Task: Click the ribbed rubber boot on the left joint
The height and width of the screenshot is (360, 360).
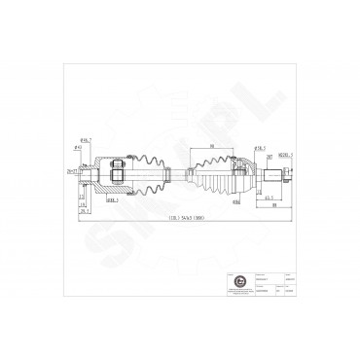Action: coord(143,173)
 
